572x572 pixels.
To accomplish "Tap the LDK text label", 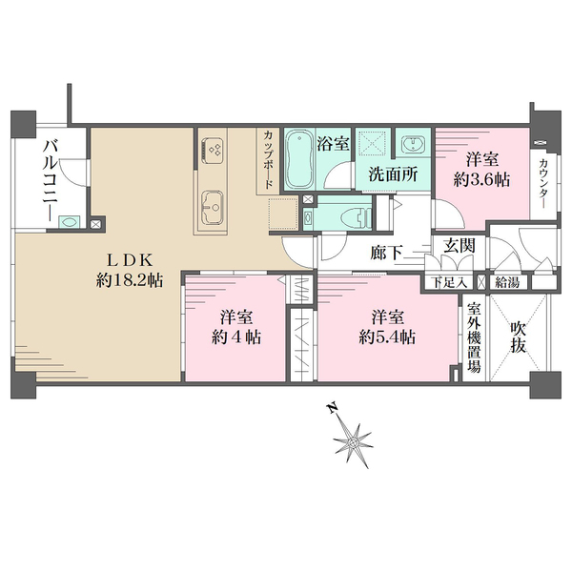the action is tap(129, 260).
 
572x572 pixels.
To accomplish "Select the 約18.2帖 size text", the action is tap(130, 280).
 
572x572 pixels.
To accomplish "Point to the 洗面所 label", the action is tap(393, 174).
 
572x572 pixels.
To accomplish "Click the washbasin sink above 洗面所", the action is tap(414, 145).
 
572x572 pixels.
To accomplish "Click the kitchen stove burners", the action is tap(213, 150).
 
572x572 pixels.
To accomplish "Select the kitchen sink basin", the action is tap(213, 206).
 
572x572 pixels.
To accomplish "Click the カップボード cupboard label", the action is tap(268, 160).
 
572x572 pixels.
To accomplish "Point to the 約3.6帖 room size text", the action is tap(481, 180).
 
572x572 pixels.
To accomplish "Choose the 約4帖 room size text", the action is tap(236, 337).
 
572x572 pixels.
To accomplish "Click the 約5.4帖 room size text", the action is tap(387, 337).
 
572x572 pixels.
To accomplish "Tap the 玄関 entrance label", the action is tap(460, 245).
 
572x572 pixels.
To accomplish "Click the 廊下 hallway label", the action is tap(387, 253).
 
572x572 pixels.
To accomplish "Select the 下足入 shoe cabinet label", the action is tap(449, 282).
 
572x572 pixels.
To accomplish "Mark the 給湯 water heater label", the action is tap(507, 282).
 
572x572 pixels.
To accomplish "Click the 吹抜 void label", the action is tap(519, 338).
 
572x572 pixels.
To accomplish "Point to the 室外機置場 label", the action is tap(474, 337).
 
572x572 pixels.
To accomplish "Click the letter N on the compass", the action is tap(331, 408).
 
